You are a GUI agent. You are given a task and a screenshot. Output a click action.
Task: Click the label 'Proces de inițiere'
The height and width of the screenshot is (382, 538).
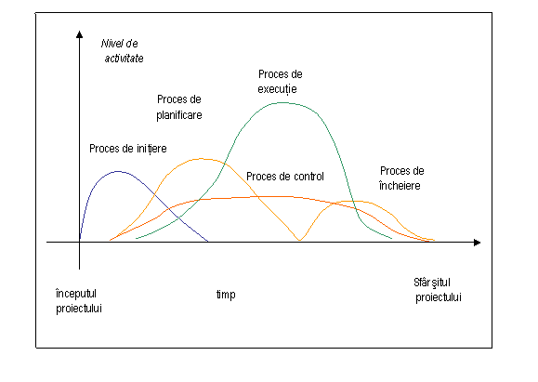pyautogui.click(x=128, y=149)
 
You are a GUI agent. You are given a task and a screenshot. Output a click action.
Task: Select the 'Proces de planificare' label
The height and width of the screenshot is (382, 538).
pyautogui.click(x=179, y=107)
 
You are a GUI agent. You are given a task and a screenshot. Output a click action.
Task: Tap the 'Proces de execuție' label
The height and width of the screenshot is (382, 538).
pyautogui.click(x=280, y=82)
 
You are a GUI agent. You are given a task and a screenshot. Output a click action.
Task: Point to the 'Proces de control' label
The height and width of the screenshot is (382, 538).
pyautogui.click(x=285, y=177)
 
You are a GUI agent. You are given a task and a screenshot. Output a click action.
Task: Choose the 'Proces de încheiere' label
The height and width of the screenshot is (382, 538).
pyautogui.click(x=401, y=178)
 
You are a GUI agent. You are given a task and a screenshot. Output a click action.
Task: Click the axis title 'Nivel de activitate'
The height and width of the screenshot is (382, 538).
pyautogui.click(x=122, y=51)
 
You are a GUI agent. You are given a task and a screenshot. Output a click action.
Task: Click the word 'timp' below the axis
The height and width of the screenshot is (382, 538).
pyautogui.click(x=226, y=295)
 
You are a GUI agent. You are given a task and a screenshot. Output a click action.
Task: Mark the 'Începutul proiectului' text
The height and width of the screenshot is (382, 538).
pyautogui.click(x=79, y=301)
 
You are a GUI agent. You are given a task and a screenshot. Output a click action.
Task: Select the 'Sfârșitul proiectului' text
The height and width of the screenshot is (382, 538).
pyautogui.click(x=438, y=290)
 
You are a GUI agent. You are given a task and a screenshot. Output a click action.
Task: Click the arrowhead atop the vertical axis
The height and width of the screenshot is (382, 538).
pyautogui.click(x=79, y=34)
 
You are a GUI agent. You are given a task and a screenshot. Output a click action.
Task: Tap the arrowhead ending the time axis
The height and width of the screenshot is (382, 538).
pyautogui.click(x=477, y=243)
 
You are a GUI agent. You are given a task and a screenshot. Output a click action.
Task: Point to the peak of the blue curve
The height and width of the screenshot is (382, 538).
pyautogui.click(x=118, y=171)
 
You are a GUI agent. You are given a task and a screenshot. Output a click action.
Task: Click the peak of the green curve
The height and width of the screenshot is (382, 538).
pyautogui.click(x=282, y=102)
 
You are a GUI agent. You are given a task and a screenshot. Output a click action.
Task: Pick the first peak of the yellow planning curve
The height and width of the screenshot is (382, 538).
pyautogui.click(x=202, y=159)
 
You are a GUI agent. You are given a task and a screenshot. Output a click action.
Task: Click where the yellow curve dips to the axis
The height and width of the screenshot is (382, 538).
pyautogui.click(x=299, y=240)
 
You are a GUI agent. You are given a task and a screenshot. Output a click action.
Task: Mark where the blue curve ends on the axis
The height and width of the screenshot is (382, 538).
pyautogui.click(x=207, y=241)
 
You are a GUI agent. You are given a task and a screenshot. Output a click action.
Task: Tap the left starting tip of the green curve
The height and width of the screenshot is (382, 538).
pyautogui.click(x=137, y=238)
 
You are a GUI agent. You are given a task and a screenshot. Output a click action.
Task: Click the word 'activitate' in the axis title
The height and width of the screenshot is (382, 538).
pyautogui.click(x=124, y=59)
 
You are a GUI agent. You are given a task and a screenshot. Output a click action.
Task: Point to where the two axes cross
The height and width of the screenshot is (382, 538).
pyautogui.click(x=79, y=243)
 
